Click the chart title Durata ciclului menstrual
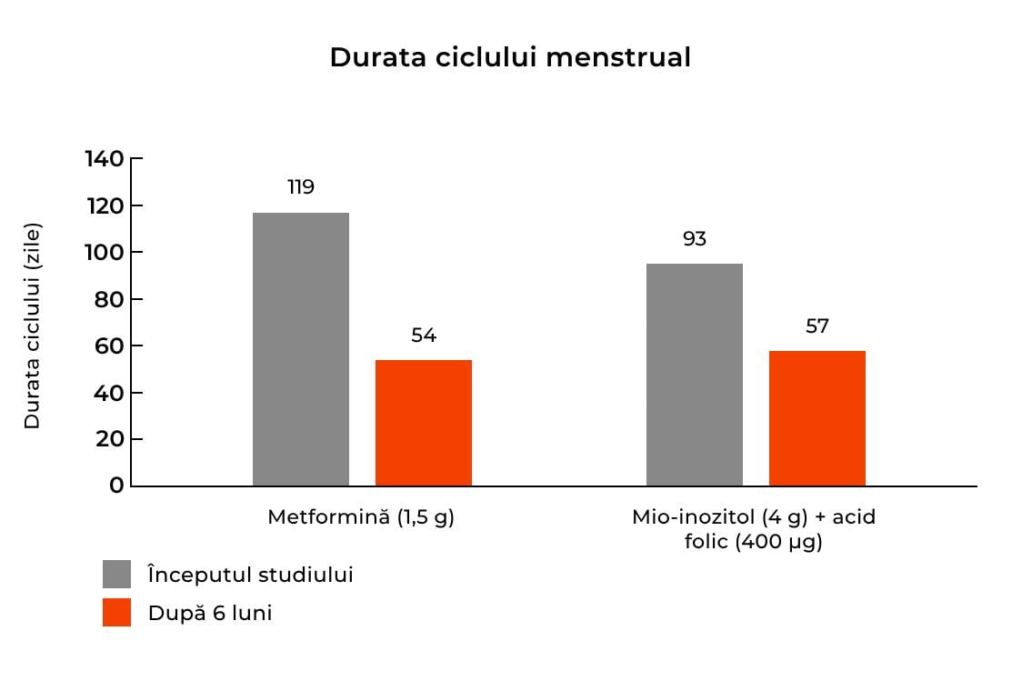click(x=510, y=57)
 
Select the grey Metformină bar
click(x=300, y=349)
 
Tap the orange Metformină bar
click(x=423, y=423)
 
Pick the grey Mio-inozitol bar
click(x=694, y=375)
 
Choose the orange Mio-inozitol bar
click(x=817, y=418)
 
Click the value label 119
click(x=301, y=187)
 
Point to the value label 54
click(x=424, y=335)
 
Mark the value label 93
click(x=695, y=239)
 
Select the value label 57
click(x=817, y=326)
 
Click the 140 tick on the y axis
click(x=104, y=159)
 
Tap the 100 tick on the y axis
click(x=104, y=253)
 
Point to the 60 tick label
click(x=107, y=346)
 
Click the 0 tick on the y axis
click(x=115, y=486)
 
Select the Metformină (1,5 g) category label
click(x=361, y=517)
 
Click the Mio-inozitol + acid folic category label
click(x=754, y=530)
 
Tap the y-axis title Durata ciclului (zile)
click(x=33, y=325)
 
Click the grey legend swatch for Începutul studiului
click(x=116, y=575)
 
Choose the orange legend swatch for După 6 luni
click(x=116, y=613)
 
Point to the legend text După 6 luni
click(x=210, y=614)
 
